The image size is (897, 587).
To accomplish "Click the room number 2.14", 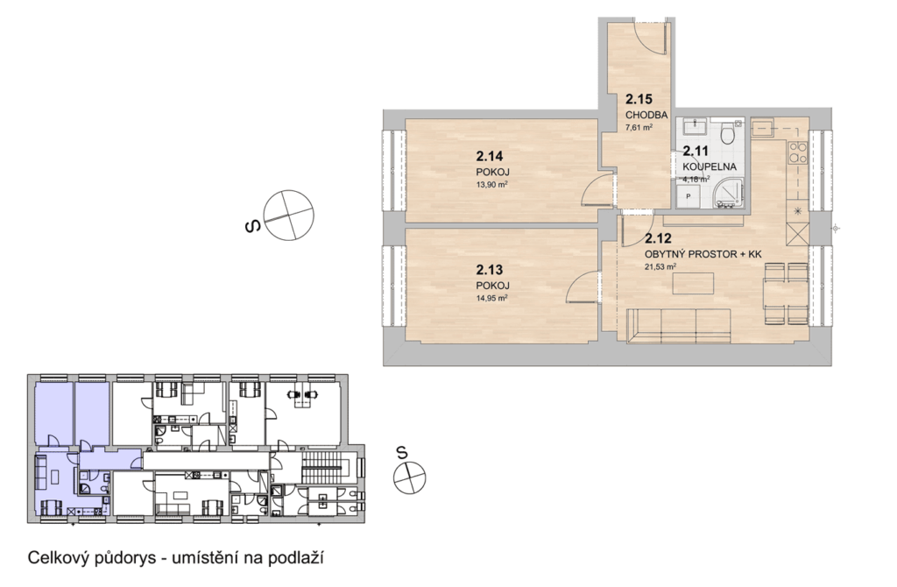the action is pos(489,156).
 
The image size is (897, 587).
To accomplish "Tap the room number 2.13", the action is pos(489,270).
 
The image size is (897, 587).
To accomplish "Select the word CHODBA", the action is pos(646,115).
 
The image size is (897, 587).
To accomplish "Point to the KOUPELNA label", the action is pos(710,167).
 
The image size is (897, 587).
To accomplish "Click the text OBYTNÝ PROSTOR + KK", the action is pos(703,255).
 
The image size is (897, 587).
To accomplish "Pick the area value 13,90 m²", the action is pos(492,184).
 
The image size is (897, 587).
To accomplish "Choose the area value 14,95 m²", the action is pos(492,298).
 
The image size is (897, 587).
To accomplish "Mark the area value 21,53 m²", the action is pos(660,266).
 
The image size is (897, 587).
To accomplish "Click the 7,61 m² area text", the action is pos(639,128).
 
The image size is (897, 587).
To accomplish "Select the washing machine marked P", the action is pos(689,196).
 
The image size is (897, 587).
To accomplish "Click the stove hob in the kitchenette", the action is pos(797,152).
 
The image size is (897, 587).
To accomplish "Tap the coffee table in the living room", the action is pos(694,284).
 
